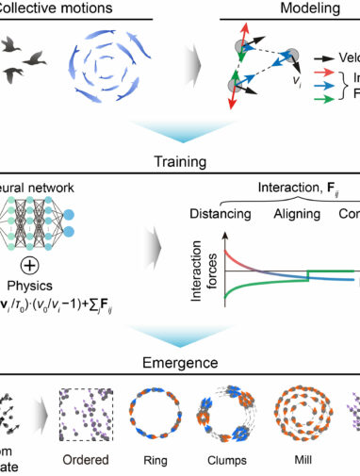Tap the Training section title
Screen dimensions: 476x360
click(x=179, y=159)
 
